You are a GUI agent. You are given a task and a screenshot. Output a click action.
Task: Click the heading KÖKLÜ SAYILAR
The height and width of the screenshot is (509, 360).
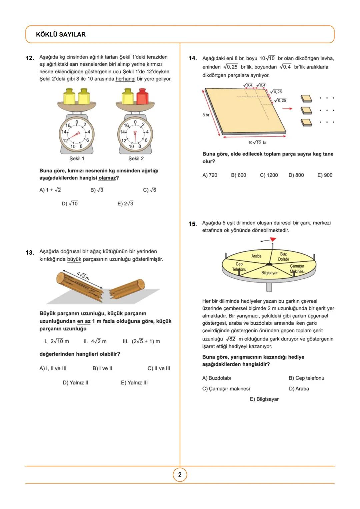tap(61, 35)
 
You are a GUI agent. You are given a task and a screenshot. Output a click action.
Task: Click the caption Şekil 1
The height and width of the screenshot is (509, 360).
tap(77, 159)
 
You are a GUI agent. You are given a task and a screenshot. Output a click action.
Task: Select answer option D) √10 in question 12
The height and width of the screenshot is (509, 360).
tap(70, 204)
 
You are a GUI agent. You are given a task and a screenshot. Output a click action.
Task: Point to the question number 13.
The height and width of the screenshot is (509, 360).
tap(30, 253)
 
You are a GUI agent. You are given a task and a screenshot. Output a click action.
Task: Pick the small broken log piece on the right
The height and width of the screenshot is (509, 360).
tap(128, 288)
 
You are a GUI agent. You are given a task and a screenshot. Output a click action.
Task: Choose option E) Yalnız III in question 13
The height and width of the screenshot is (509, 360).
tap(134, 383)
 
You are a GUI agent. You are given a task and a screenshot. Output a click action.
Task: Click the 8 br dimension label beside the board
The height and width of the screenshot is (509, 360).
tap(206, 115)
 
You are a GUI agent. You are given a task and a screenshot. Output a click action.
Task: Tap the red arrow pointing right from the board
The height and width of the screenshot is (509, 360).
tap(289, 109)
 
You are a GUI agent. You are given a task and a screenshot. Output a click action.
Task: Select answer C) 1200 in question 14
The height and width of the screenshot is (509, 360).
tap(269, 175)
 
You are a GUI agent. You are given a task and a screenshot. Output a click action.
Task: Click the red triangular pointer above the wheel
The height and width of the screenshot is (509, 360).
tap(273, 239)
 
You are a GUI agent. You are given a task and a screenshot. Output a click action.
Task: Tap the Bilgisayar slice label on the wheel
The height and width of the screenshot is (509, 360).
tap(269, 273)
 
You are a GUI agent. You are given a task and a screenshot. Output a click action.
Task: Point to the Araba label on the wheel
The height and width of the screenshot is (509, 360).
tap(256, 256)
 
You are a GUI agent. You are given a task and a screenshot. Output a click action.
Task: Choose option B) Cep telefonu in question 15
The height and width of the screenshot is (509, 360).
tap(306, 378)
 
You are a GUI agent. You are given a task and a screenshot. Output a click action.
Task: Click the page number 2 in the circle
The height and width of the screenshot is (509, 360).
tap(180, 475)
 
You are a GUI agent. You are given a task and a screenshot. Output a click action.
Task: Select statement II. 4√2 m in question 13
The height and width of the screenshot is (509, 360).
tap(95, 341)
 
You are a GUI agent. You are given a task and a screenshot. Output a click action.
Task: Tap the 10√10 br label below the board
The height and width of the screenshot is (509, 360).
tap(257, 143)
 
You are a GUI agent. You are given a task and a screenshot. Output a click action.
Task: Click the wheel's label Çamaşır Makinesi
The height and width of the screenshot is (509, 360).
tap(297, 269)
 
